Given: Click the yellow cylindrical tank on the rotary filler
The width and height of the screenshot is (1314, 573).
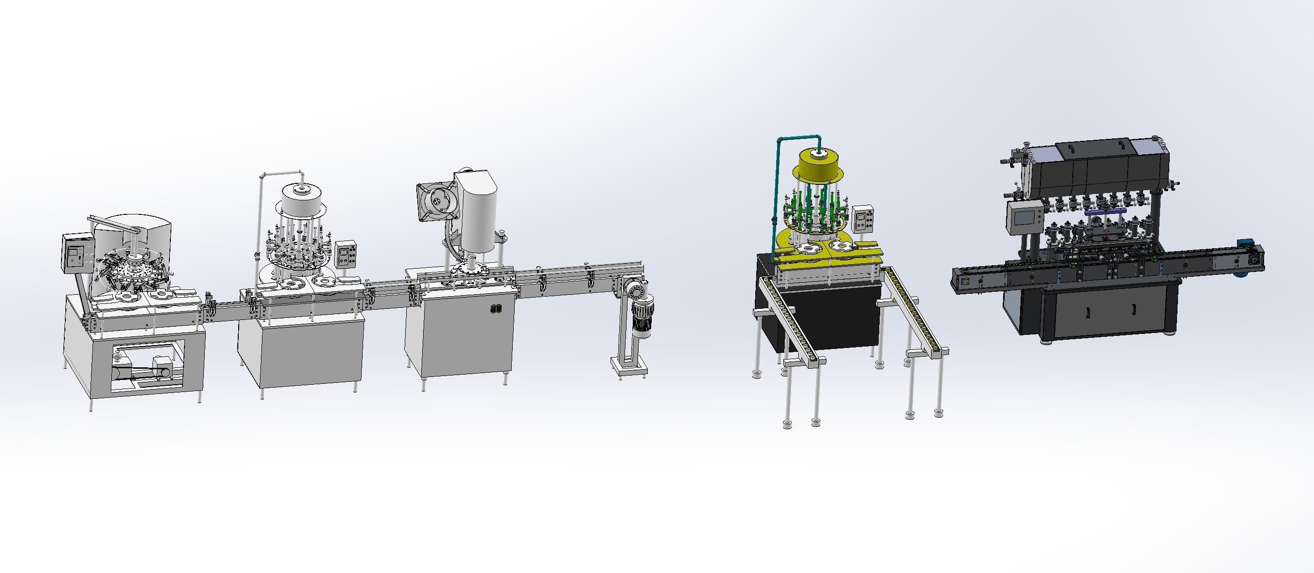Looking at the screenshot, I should pos(819,166).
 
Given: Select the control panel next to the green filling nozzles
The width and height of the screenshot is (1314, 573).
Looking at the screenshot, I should pos(864,220).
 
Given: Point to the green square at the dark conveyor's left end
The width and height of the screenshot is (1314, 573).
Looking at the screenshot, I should pos(964,281).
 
